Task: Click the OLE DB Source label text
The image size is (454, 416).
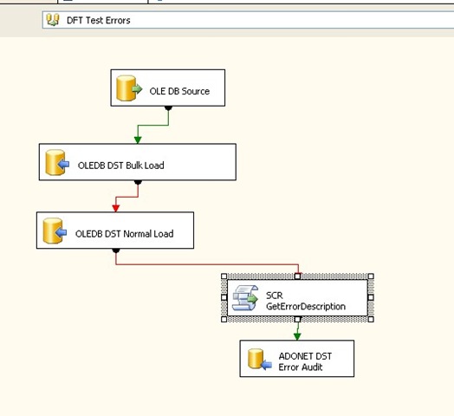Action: point(179,91)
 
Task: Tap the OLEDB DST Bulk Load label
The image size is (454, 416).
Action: point(120,166)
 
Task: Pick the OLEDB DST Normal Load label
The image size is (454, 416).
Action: point(124,234)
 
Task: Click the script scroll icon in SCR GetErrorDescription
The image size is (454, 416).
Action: point(245,298)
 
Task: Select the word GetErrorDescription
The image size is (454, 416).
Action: point(306,307)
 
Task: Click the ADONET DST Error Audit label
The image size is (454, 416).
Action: point(305,361)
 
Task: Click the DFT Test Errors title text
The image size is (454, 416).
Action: point(99,20)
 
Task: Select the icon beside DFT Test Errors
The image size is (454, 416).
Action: point(53,20)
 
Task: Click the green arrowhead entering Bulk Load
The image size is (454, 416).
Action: point(138,140)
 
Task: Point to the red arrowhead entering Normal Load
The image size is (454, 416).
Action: point(116,208)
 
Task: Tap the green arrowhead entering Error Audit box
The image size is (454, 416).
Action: point(297,336)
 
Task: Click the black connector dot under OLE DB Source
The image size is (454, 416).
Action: point(168,108)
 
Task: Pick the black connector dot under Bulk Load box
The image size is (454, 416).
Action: point(138,182)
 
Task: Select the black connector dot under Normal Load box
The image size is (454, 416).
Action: point(116,250)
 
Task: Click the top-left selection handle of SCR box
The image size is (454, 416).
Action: point(224,276)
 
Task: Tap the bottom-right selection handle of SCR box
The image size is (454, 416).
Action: point(371,319)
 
